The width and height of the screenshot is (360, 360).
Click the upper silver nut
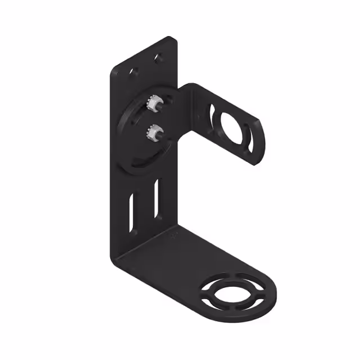[x=150, y=105]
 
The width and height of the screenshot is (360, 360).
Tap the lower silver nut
[x=151, y=133]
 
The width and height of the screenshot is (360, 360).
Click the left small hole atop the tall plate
[x=134, y=71]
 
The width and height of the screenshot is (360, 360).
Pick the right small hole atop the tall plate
[x=158, y=57]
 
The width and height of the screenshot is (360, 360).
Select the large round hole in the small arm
[x=232, y=128]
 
